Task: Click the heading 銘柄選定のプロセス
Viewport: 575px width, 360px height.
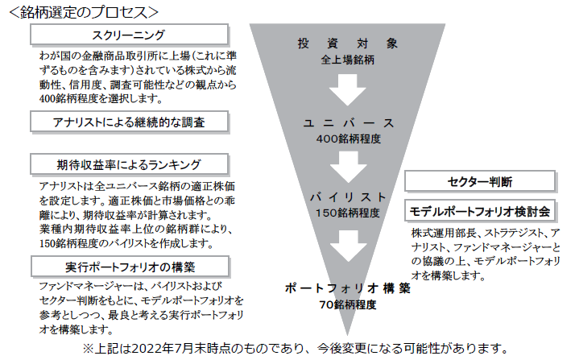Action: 83,12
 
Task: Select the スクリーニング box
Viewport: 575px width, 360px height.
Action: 129,35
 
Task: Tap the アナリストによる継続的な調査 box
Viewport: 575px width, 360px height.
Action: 129,122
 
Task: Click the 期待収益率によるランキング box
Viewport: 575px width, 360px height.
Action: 129,164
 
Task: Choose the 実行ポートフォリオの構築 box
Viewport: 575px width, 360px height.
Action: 130,267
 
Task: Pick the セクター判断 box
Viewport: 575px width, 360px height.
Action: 480,181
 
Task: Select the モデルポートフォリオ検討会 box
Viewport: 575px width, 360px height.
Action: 480,211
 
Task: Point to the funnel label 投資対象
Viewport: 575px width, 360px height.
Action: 347,43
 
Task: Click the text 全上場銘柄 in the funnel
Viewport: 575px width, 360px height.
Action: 347,60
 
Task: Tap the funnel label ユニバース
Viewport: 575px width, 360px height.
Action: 348,122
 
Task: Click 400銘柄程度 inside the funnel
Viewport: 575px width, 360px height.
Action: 349,139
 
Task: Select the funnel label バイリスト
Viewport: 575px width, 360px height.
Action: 348,197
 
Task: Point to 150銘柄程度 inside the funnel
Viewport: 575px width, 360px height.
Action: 348,213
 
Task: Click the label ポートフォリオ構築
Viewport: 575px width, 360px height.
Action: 348,288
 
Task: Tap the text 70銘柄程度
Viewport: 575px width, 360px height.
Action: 348,304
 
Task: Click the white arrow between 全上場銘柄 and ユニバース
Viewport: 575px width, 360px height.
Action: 347,90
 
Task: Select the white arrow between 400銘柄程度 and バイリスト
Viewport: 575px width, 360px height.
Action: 348,168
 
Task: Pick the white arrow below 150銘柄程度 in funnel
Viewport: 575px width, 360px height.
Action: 348,246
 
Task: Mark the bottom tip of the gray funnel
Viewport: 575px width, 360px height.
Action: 347,336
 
